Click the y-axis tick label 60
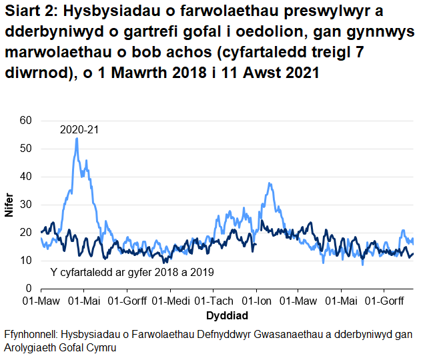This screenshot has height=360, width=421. [x=25, y=121]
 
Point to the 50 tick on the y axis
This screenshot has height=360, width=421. [x=25, y=149]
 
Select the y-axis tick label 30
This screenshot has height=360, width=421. [x=25, y=205]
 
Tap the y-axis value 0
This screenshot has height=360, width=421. [x=28, y=289]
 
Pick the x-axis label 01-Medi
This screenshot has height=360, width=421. [x=169, y=301]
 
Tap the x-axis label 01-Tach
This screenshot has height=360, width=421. [x=213, y=301]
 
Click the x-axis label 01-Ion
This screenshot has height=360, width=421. [x=257, y=301]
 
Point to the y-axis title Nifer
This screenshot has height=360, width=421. [x=9, y=204]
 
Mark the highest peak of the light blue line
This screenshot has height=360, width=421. [x=77, y=139]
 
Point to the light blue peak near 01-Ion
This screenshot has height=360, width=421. [x=269, y=183]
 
